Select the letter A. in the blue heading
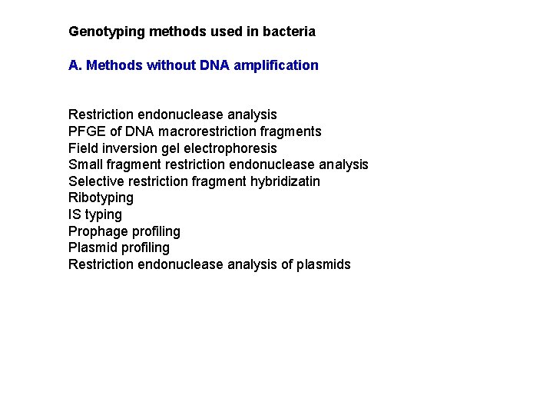point(75,65)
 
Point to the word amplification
point(280,65)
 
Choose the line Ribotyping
point(101,198)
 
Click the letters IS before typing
point(75,214)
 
